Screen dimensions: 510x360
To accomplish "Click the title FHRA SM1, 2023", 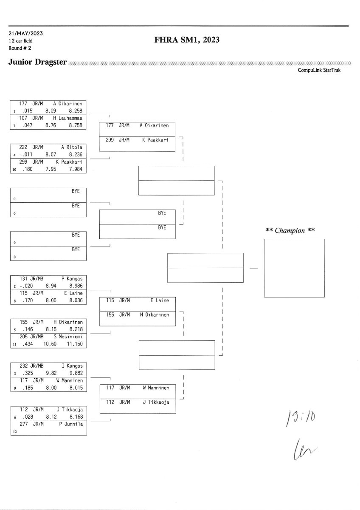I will [187, 40].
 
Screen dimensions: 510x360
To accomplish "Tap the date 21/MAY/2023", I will [25, 33].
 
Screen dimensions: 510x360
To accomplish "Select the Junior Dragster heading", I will [37, 62].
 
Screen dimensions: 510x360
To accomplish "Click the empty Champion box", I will [294, 268].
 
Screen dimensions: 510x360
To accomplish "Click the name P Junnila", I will [71, 424].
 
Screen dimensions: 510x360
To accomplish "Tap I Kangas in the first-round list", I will [72, 365].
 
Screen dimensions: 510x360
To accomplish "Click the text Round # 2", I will [20, 48].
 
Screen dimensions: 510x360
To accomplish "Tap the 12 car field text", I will [20, 41].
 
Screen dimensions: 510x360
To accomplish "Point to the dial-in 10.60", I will [50, 343].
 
